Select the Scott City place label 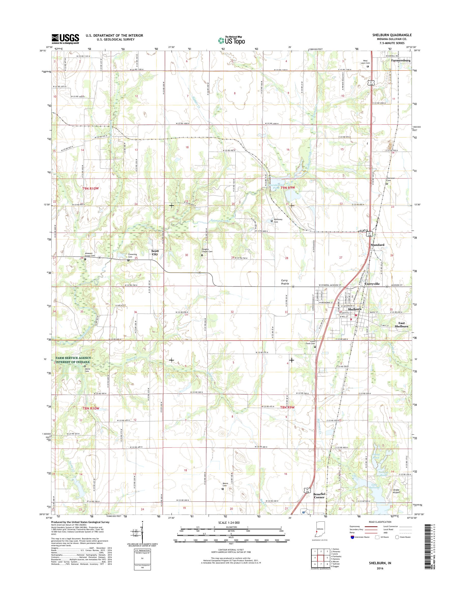[x=155, y=252]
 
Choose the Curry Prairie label [x=284, y=282]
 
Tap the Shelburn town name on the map [x=355, y=309]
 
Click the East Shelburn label [x=401, y=325]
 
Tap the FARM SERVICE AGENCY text [x=74, y=358]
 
